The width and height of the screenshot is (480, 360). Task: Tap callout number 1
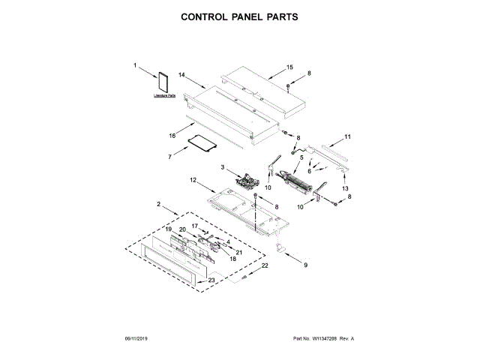point(136,66)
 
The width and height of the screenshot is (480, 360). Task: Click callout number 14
point(181,76)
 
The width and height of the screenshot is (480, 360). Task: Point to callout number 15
point(289,67)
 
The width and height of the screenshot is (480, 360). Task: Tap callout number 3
point(223,166)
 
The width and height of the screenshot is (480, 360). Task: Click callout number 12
point(193,180)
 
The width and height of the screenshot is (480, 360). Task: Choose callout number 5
point(301,158)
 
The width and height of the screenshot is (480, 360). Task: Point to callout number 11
point(347,136)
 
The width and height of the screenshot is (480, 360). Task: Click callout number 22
point(263,266)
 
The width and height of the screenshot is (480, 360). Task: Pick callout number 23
point(211,280)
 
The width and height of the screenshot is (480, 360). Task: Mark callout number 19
point(169,229)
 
